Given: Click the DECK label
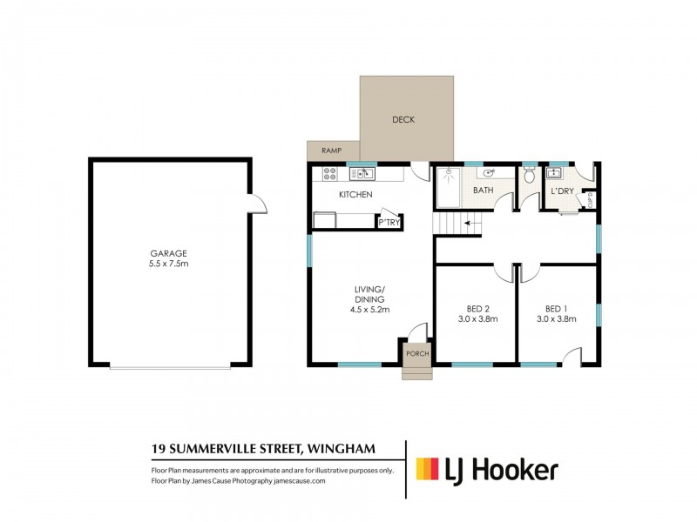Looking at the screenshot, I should (x=403, y=120).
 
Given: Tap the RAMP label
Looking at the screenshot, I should (x=331, y=151).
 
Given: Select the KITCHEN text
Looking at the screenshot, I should (x=355, y=194).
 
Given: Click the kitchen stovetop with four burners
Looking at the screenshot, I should (x=330, y=174).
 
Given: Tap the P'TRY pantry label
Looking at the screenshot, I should (x=388, y=223).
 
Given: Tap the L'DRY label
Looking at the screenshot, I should (x=559, y=192).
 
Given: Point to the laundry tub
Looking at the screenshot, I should (x=552, y=173).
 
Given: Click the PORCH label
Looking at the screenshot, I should (x=416, y=354).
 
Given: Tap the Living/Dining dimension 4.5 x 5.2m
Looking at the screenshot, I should (x=369, y=309).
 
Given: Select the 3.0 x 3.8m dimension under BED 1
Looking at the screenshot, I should (x=558, y=319).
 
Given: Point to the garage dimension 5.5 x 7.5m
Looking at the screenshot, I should (x=169, y=264).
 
